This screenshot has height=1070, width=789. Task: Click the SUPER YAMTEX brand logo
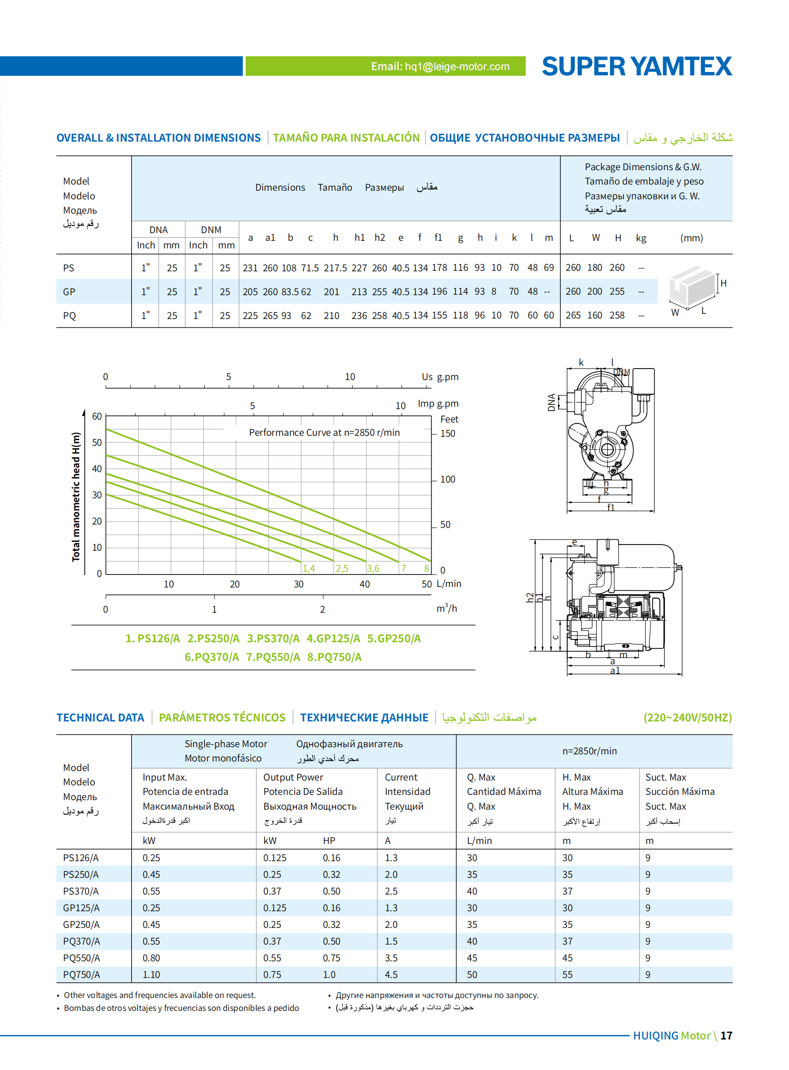coord(636,66)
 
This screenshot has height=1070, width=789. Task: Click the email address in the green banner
coord(440,66)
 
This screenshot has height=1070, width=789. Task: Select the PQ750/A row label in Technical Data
coord(81,974)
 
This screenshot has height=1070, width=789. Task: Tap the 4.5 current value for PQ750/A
coord(391,974)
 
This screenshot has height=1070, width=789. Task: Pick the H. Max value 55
coord(567,974)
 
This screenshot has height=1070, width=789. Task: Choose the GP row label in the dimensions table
coord(69,292)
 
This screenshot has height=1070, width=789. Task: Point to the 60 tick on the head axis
coord(97,416)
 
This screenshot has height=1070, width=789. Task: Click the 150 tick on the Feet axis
coord(447,433)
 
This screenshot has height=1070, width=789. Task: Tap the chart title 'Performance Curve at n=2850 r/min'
coord(324,432)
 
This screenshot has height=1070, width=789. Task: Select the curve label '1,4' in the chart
coord(308,568)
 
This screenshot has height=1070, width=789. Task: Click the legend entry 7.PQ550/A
coord(273,657)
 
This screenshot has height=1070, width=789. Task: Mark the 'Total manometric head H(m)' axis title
coord(76,496)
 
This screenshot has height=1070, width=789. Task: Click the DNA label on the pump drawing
coord(551,402)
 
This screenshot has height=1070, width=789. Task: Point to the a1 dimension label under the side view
coord(615,670)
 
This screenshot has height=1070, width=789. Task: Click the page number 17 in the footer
coord(726,1036)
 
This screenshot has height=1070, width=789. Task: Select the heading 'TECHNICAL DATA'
coord(100,718)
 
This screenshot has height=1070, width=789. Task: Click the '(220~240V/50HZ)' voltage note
coord(687,718)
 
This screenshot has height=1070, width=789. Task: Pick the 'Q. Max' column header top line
coord(481,777)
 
